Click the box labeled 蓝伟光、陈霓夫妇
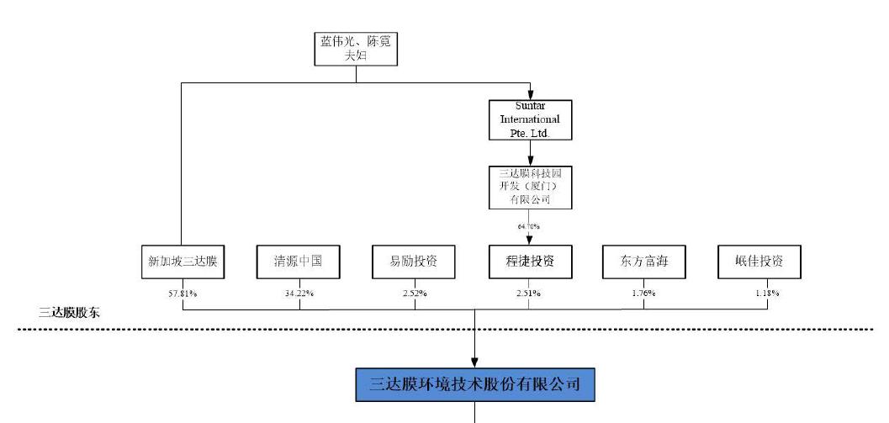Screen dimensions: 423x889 tap(356, 49)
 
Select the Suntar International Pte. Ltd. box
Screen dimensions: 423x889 tap(530, 120)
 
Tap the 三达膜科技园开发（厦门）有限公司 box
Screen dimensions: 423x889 tap(530, 187)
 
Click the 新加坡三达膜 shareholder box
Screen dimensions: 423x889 tap(182, 262)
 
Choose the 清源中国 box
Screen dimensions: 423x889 tap(299, 262)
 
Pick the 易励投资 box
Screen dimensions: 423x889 tap(415, 262)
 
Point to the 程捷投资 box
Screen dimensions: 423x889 tap(530, 262)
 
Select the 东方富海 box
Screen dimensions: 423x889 tap(644, 262)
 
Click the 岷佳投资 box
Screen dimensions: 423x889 tap(759, 262)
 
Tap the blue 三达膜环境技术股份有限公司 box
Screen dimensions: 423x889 tap(475, 384)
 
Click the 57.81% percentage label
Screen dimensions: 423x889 tap(183, 293)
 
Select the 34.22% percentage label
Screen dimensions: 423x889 tap(299, 293)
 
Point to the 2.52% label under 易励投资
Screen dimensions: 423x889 tap(415, 293)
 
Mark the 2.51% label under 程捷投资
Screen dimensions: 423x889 tap(530, 293)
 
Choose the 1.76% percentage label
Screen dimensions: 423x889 tap(644, 293)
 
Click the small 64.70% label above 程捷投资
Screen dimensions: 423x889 tap(529, 226)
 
